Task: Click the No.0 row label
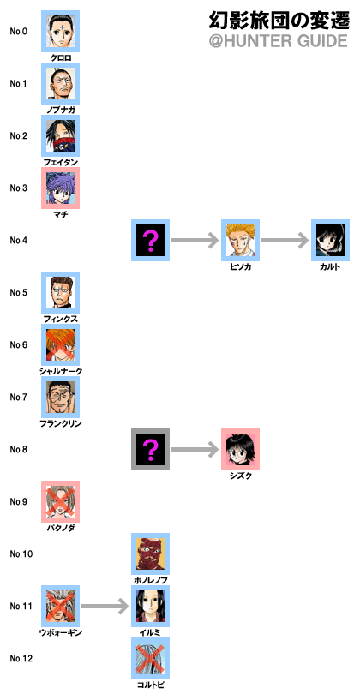(x=19, y=31)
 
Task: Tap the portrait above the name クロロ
(x=60, y=31)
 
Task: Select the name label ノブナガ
(x=61, y=111)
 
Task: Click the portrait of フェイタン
(x=60, y=135)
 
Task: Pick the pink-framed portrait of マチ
(x=60, y=188)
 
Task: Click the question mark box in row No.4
(x=151, y=240)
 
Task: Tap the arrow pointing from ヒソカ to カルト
(x=285, y=240)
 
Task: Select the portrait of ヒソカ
(x=240, y=240)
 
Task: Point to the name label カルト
(x=330, y=267)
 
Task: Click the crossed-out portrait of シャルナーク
(x=60, y=344)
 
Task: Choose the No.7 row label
(x=19, y=397)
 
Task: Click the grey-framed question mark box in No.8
(x=151, y=449)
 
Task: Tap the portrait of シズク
(x=240, y=449)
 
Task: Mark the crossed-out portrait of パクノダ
(x=60, y=501)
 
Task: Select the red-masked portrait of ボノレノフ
(x=151, y=553)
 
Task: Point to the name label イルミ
(x=150, y=632)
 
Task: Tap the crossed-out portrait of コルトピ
(x=151, y=658)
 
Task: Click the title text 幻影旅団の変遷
(x=278, y=21)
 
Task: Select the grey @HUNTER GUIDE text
(x=278, y=41)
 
